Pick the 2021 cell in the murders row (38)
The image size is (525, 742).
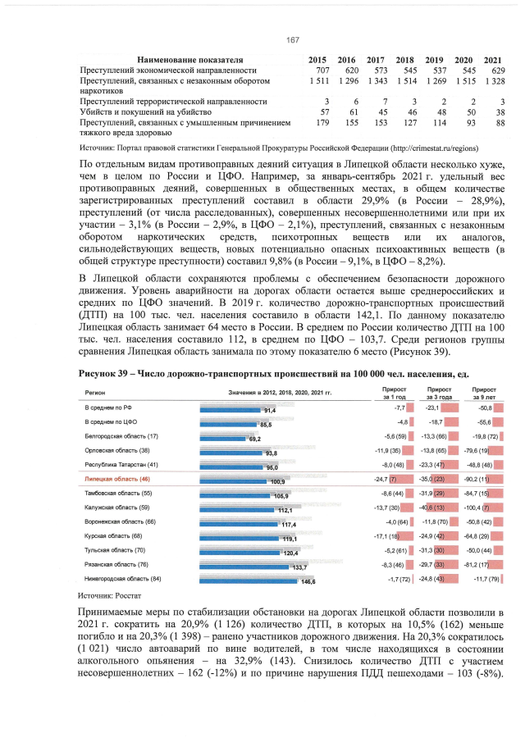(493, 111)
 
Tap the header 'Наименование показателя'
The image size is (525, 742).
(190, 60)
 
